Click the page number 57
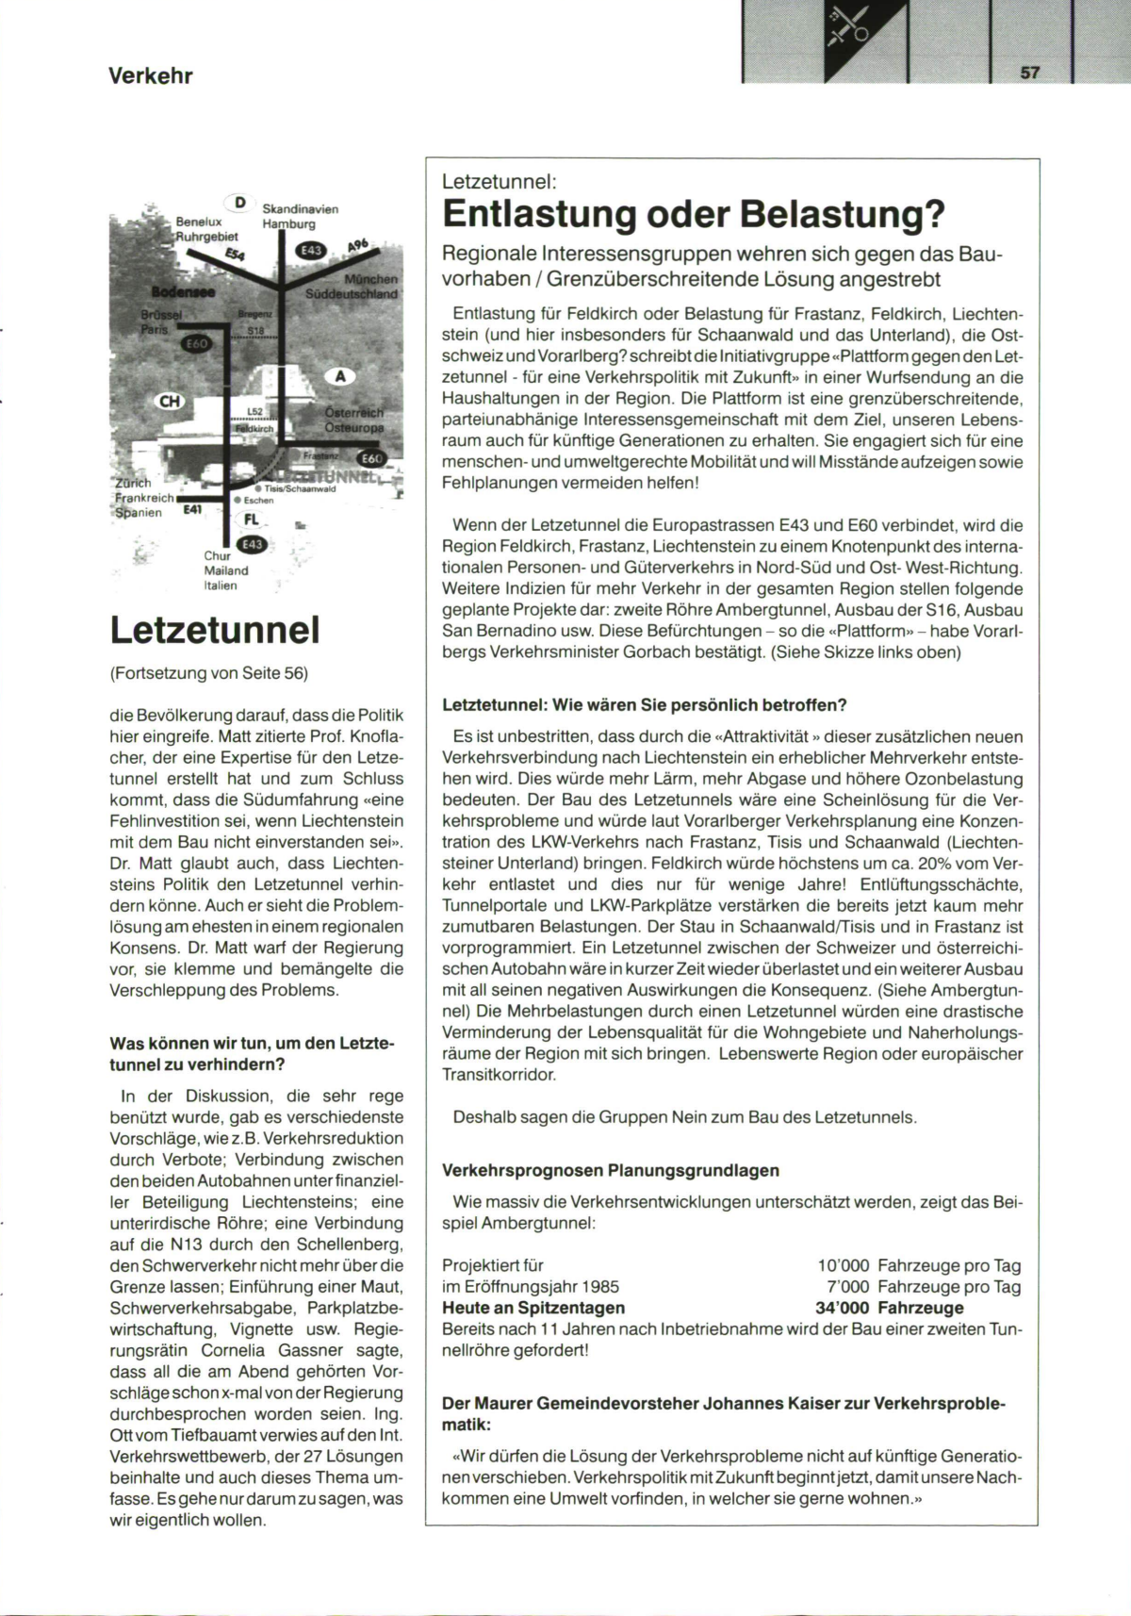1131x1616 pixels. pos(1029,73)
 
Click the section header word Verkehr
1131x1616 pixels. pos(151,76)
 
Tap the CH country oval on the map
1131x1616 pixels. pos(170,402)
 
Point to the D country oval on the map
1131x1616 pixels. pos(239,202)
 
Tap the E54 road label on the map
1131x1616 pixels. pos(236,256)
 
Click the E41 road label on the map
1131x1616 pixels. pos(192,510)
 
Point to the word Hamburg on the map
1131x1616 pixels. pos(288,224)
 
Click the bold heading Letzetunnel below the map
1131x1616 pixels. pos(215,630)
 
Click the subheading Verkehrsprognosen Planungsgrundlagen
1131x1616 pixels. pos(611,1170)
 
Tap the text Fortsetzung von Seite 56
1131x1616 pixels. pos(209,672)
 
